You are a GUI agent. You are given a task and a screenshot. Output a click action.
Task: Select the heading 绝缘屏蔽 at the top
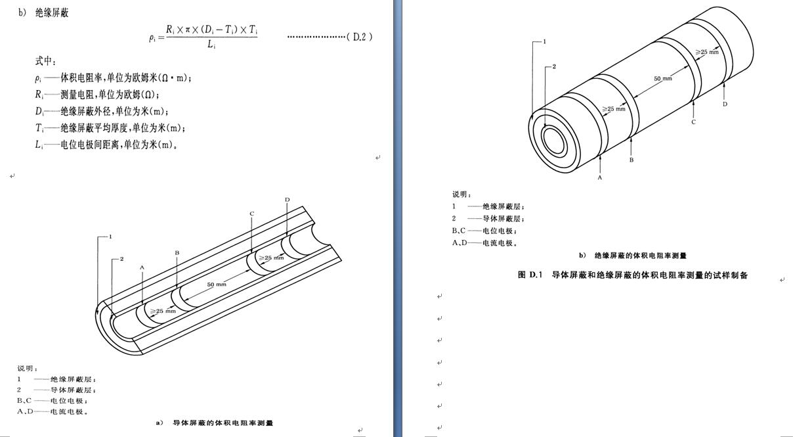52,12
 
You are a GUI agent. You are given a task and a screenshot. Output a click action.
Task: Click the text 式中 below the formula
45,61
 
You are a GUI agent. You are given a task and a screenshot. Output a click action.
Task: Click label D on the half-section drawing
287,199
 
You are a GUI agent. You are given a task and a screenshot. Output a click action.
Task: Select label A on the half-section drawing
142,267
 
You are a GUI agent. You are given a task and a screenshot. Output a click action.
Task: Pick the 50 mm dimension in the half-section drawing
217,284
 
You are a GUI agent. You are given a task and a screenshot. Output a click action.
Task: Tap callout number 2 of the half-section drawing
121,259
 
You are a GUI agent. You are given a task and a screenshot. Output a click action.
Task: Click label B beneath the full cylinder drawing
631,160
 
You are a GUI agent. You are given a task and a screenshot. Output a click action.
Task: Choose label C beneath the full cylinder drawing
693,122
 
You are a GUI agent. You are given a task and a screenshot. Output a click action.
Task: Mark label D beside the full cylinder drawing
725,104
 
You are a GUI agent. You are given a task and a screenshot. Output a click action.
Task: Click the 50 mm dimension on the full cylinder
663,79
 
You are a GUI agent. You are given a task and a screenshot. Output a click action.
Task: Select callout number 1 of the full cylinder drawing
544,41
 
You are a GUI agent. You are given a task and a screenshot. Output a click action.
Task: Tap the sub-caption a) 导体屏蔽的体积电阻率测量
214,423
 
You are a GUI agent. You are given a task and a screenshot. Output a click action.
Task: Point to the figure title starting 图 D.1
632,275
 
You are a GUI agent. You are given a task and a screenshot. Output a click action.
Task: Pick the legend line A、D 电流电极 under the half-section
53,411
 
